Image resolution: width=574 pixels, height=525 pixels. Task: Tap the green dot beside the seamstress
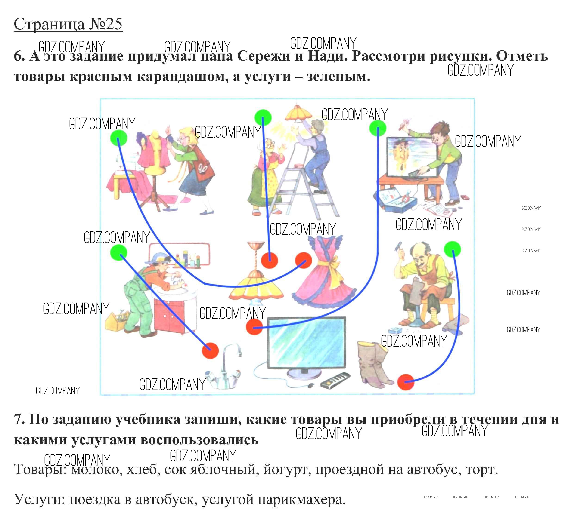[118, 138]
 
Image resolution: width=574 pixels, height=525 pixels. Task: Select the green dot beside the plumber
[118, 252]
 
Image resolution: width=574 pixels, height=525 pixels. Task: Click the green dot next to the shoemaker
[452, 249]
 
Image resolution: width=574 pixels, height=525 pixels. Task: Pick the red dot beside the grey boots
[405, 382]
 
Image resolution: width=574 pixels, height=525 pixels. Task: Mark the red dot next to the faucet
[210, 350]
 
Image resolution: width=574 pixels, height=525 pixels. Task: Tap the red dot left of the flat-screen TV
[254, 327]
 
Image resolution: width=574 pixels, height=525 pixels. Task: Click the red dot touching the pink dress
[303, 260]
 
